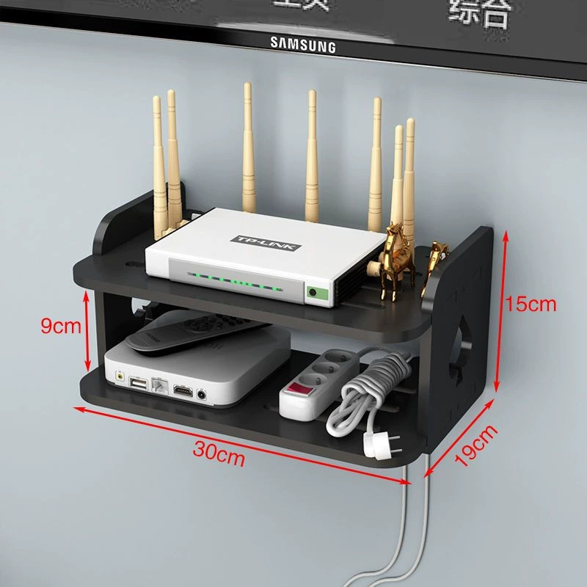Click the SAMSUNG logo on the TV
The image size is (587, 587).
[x=302, y=44]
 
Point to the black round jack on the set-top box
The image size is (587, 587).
[x=202, y=394]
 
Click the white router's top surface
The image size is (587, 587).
[x=242, y=235]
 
